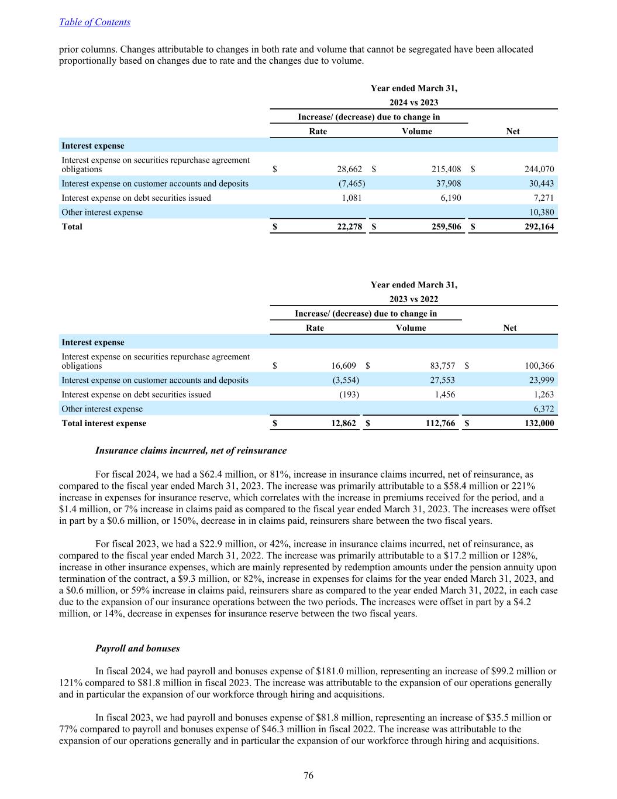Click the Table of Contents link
coord(95,22)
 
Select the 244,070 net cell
coord(539,169)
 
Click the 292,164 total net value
coord(539,227)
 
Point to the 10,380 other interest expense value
coord(542,212)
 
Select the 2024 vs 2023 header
coord(413,102)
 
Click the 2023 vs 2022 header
coord(413,299)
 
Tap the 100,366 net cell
coord(539,366)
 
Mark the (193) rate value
coord(349,395)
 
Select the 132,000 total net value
coord(539,423)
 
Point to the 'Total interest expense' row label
coord(104,423)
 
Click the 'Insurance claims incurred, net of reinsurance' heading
coord(191,451)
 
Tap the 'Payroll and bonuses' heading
coord(137,649)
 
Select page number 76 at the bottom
coord(308,776)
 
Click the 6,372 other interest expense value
coord(544,409)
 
